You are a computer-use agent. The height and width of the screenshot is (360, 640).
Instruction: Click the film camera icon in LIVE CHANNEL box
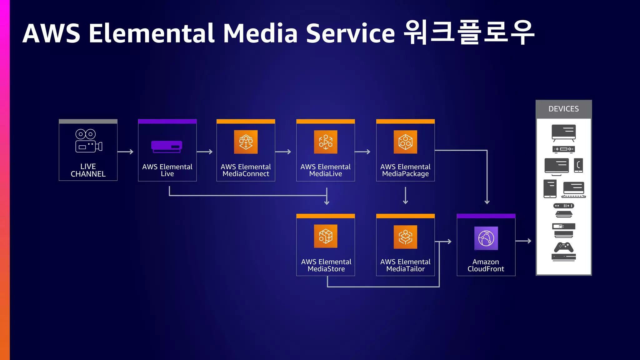[x=88, y=141]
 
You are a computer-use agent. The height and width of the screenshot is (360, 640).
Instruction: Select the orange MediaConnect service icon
[x=246, y=142]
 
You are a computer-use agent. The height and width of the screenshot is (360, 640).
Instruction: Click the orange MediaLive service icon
[x=326, y=142]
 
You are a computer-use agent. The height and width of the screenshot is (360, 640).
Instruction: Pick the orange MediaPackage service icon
[x=405, y=142]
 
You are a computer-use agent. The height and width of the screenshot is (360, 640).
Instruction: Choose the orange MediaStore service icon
[x=326, y=236]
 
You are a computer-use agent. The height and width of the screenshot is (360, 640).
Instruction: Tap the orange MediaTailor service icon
[x=405, y=237]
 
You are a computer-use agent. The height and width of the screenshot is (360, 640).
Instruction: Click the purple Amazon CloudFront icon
[x=486, y=238]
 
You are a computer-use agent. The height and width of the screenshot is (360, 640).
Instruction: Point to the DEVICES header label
[x=563, y=109]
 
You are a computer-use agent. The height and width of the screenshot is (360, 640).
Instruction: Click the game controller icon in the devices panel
[x=563, y=247]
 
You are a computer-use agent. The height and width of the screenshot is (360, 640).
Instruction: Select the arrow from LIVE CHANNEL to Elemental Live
[x=125, y=152]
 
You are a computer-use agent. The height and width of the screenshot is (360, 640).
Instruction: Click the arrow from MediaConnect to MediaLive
[x=283, y=152]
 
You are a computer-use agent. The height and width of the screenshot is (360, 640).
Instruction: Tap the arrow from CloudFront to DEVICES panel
[x=523, y=241]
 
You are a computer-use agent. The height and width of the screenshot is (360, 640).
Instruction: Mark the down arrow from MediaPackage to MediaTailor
[x=405, y=196]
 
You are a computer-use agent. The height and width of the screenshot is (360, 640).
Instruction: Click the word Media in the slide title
[x=260, y=33]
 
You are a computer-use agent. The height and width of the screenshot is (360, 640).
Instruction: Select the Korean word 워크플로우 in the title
[x=469, y=32]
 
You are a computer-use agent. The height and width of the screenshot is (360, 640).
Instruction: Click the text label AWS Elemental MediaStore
[x=326, y=265]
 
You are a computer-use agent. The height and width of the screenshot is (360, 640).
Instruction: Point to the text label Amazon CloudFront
[x=486, y=265]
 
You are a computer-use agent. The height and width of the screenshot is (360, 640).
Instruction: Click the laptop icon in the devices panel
[x=573, y=190]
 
